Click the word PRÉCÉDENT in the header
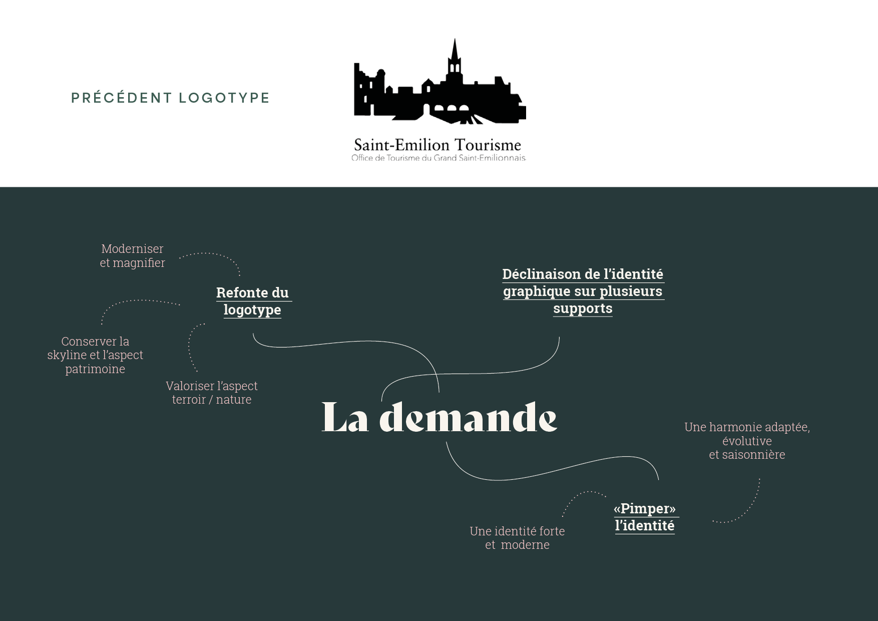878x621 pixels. pos(121,98)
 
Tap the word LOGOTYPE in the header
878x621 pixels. pos(224,98)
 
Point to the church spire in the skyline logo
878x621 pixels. pos(455,53)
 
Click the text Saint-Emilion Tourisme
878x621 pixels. pos(437,145)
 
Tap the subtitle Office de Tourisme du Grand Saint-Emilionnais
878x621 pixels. pos(438,158)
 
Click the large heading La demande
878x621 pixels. pos(439,418)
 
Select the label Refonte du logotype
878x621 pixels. pos(252,301)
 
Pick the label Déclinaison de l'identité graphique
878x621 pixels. pos(583,291)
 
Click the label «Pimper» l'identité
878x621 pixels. pos(645,517)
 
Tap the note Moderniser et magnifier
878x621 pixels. pos(132,255)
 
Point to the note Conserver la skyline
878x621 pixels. pos(95,355)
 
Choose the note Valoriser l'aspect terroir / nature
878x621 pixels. pos(212,393)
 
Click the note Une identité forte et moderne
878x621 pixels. pos(517,538)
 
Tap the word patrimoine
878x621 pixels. pos(95,369)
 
